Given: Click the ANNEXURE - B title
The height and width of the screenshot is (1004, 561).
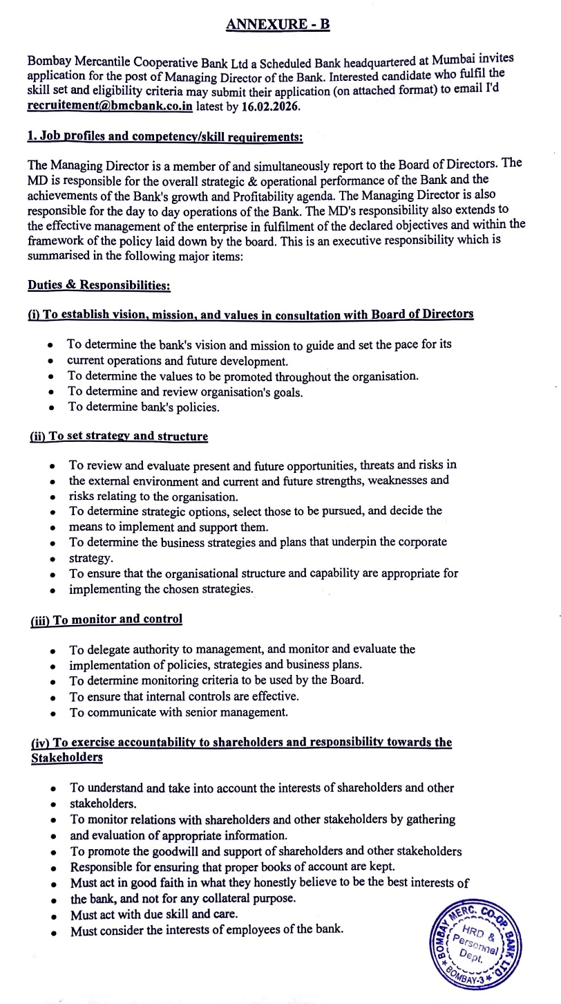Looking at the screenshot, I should (278, 25).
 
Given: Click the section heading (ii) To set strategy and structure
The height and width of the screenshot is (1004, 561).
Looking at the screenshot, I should (118, 436).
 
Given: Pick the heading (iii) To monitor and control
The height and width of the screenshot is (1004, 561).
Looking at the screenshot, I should (106, 619).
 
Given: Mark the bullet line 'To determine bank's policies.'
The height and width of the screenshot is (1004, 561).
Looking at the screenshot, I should (143, 407).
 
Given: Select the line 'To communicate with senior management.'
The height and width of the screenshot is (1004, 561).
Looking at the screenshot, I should (178, 712).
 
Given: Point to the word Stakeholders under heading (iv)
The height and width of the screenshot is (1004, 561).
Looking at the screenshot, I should (67, 757).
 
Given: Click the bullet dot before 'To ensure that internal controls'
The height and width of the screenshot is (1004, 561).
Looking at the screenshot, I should (54, 697).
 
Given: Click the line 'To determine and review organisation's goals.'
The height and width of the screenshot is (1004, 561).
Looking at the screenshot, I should (184, 392).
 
